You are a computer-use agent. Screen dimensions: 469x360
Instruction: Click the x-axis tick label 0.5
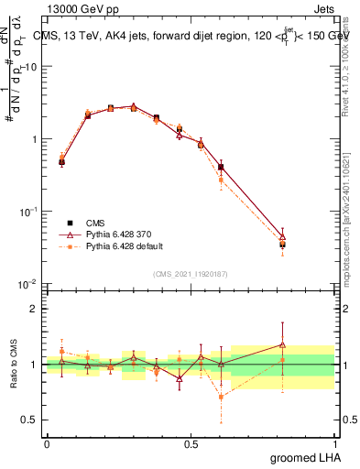(x=191, y=443)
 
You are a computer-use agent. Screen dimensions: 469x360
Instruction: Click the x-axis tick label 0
(x=47, y=443)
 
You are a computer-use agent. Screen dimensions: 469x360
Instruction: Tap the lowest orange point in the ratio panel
(x=221, y=397)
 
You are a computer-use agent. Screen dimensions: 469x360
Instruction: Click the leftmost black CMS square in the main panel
(x=61, y=162)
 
